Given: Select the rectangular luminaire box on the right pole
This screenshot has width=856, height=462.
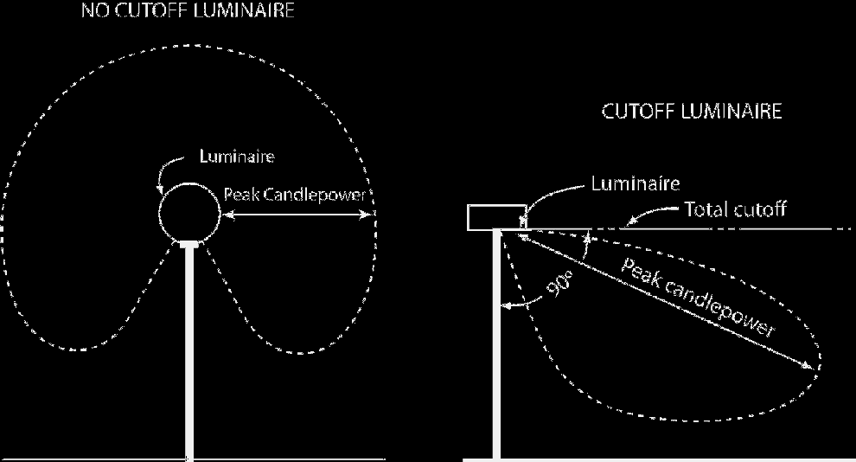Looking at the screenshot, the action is tap(496, 217).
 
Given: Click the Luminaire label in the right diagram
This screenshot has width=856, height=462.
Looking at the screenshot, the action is tap(635, 183).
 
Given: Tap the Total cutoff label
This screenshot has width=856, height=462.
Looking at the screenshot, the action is tap(735, 209).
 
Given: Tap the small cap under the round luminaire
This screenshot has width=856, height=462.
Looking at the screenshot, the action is tap(189, 244).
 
